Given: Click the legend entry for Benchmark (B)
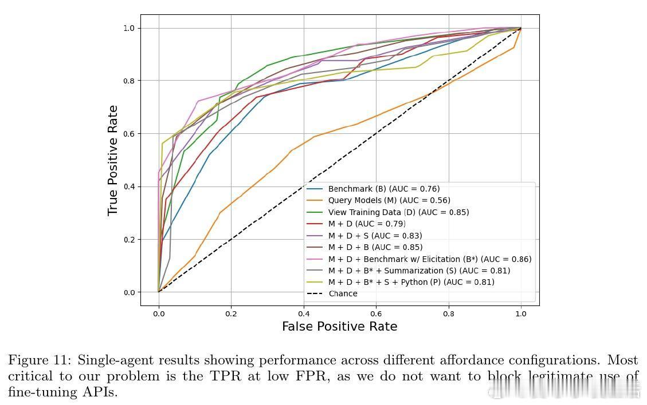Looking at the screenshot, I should [384, 189].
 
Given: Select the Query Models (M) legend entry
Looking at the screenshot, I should [389, 200].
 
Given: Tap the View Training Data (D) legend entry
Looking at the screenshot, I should [398, 212].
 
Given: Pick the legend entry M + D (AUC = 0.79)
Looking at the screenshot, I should [367, 224].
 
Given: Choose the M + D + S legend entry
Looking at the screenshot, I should [375, 236].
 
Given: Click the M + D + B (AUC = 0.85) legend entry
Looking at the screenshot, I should [375, 247].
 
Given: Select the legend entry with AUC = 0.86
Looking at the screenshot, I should [430, 259].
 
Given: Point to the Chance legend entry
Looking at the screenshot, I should [343, 293].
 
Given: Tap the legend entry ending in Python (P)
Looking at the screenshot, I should [411, 282].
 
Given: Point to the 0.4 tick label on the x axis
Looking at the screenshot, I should [303, 313].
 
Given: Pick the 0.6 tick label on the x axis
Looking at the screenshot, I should [376, 313].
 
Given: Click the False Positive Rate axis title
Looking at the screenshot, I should [339, 327].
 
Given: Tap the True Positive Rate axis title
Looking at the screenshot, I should [113, 160].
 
